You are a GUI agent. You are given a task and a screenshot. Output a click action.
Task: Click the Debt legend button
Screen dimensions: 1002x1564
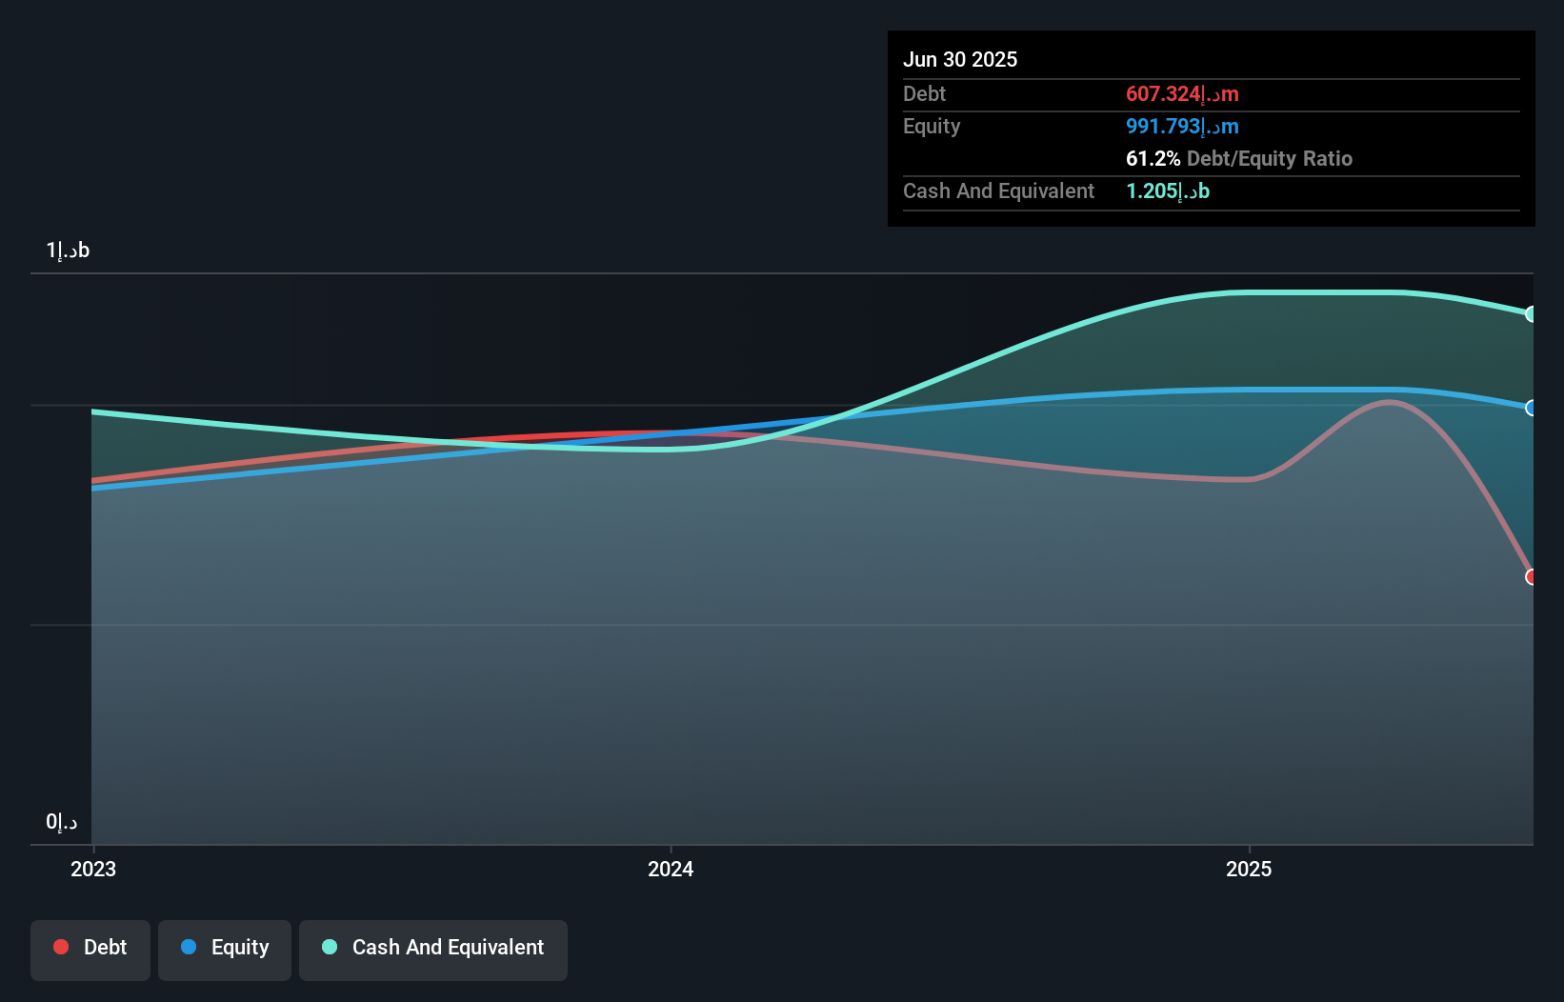(x=90, y=949)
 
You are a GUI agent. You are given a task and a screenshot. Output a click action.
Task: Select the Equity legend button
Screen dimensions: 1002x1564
(x=225, y=949)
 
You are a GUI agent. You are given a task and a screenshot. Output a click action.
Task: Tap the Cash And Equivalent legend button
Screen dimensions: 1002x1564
(x=433, y=949)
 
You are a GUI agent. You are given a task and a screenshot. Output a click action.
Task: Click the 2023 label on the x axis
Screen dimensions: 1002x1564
(x=93, y=869)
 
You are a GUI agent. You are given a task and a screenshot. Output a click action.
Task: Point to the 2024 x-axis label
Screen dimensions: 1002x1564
(x=671, y=869)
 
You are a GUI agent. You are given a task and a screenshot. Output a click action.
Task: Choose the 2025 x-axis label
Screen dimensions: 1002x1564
(x=1249, y=869)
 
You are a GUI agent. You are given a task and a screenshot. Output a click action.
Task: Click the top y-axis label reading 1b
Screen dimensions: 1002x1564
(x=68, y=250)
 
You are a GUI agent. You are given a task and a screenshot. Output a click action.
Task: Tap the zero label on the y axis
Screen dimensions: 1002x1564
(x=61, y=822)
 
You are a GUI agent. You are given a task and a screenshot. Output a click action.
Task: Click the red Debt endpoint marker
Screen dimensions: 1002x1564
(x=1532, y=577)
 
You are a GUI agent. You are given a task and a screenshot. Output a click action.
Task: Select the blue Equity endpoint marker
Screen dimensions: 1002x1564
(x=1532, y=408)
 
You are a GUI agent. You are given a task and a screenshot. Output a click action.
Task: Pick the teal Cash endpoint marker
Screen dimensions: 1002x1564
(x=1532, y=314)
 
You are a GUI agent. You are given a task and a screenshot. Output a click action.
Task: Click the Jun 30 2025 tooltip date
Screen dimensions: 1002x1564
(x=960, y=59)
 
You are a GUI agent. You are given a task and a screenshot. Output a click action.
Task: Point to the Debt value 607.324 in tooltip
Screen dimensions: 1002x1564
(x=1182, y=94)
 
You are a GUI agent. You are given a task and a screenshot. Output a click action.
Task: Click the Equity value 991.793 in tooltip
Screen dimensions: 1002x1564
(x=1182, y=127)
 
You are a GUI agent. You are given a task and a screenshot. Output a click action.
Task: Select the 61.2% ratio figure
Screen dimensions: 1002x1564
(x=1153, y=159)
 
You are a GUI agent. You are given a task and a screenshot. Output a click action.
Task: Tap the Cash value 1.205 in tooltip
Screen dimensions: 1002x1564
(x=1168, y=191)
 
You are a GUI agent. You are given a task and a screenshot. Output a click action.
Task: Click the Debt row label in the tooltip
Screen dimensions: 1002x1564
(x=924, y=94)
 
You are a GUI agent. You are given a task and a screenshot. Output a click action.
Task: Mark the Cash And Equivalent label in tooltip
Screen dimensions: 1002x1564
(x=998, y=191)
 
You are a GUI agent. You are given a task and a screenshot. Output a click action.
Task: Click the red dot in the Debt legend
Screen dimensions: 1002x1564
(x=61, y=947)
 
